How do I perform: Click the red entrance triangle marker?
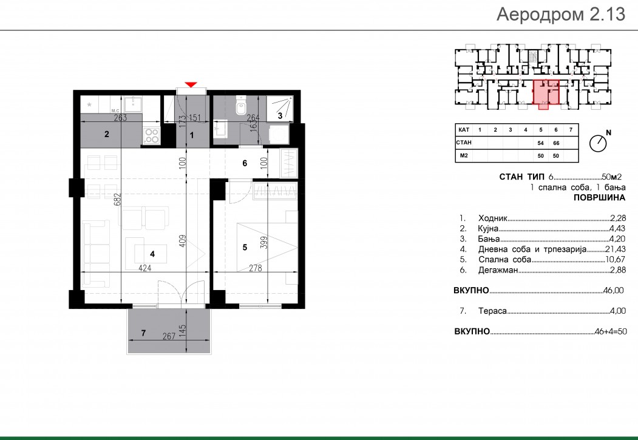click(x=191, y=84)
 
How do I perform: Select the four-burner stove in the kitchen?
click(x=152, y=135)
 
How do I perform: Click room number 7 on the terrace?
click(x=143, y=333)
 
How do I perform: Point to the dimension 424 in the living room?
click(x=145, y=268)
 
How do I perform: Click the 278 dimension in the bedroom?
click(x=256, y=268)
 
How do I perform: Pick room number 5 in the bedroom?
click(x=245, y=247)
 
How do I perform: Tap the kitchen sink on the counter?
click(x=132, y=104)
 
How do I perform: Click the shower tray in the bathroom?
click(x=279, y=109)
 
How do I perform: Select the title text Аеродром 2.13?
click(x=561, y=14)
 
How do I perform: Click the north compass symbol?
click(x=598, y=143)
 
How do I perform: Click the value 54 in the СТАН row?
click(x=541, y=143)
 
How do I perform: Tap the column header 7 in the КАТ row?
click(x=571, y=130)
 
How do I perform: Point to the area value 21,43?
click(x=614, y=249)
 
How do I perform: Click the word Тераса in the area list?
click(x=492, y=311)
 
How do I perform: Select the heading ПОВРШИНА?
click(x=599, y=198)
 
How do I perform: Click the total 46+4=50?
click(x=610, y=331)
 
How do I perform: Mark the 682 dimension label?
click(x=118, y=199)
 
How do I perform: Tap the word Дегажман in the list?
click(x=498, y=270)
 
